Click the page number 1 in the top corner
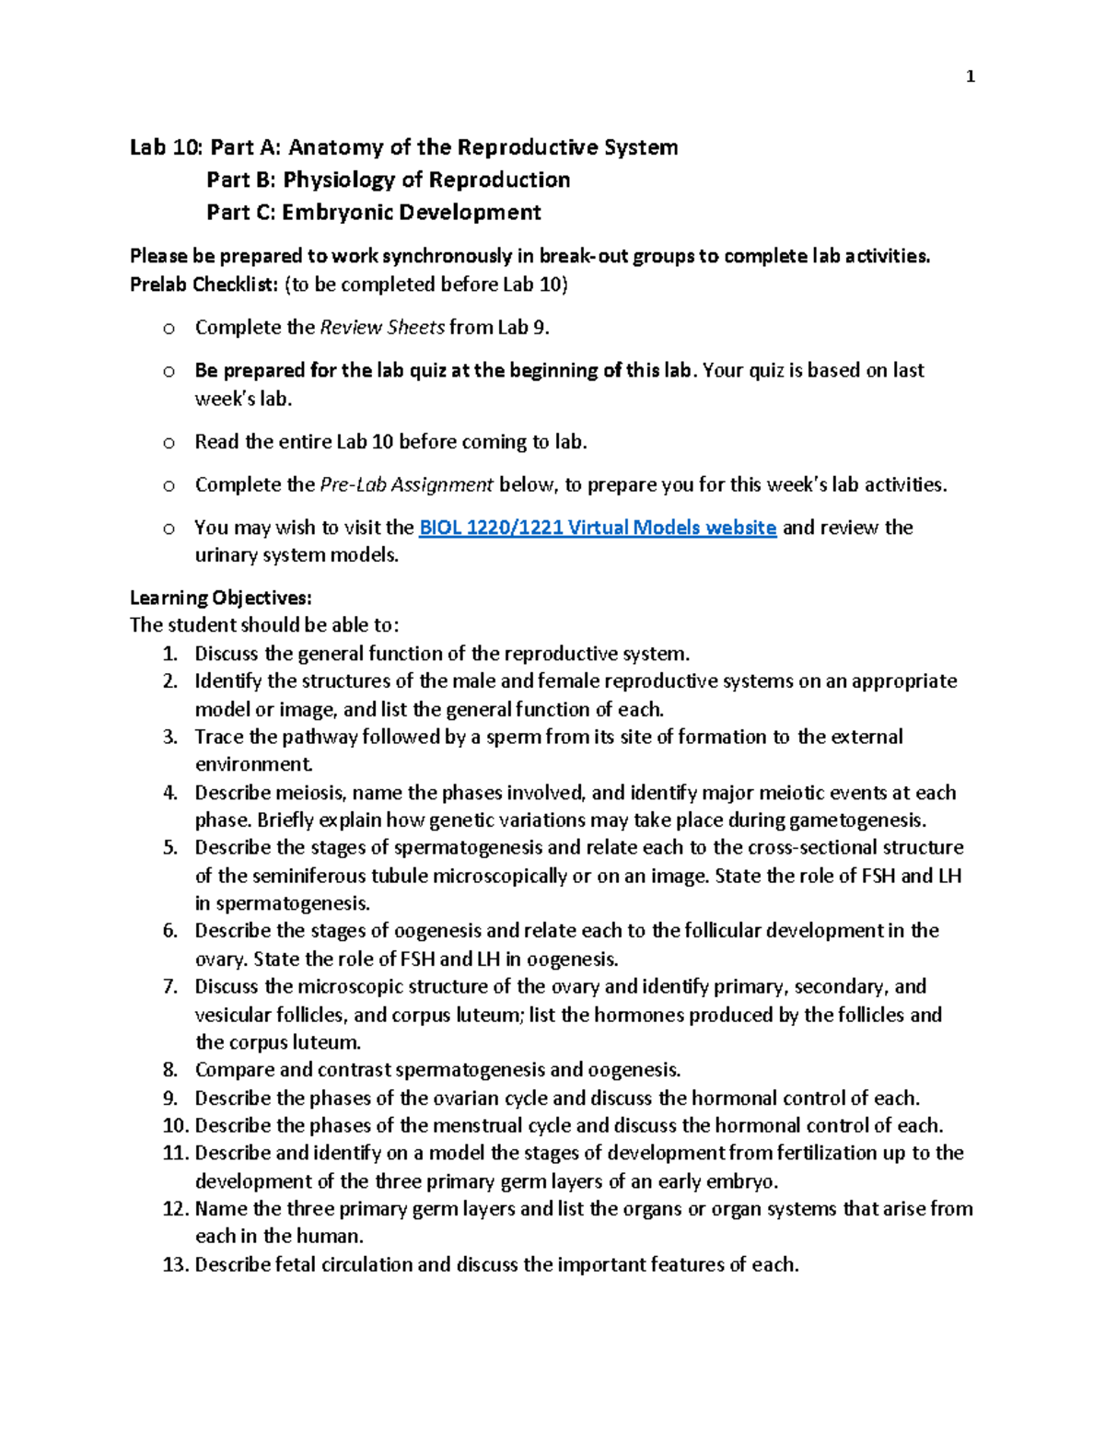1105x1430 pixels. [x=970, y=77]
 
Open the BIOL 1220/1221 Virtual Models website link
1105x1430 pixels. [x=597, y=528]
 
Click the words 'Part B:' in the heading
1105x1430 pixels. [x=240, y=180]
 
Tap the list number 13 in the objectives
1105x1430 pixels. [x=174, y=1265]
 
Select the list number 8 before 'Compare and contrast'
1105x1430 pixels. [x=169, y=1070]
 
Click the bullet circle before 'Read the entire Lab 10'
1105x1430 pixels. [x=169, y=443]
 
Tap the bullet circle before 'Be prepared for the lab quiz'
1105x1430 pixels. [x=169, y=372]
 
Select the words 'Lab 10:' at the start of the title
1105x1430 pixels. [x=166, y=147]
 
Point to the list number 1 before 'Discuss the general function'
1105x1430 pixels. [x=169, y=654]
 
